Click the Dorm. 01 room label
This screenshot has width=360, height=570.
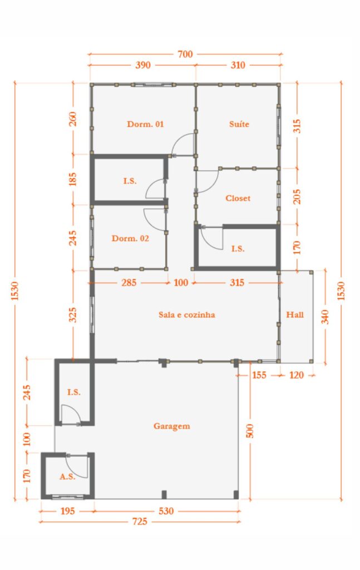(145, 124)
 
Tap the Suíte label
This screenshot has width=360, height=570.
(239, 124)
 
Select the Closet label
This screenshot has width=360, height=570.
(238, 198)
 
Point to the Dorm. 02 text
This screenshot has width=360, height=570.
(130, 238)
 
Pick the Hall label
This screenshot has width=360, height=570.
(295, 315)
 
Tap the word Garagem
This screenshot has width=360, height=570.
(171, 426)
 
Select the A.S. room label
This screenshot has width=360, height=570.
(67, 476)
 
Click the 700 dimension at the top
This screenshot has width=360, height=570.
(185, 54)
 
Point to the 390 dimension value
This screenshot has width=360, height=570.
(143, 65)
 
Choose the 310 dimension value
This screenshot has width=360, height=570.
(237, 65)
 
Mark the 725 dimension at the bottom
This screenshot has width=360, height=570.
(140, 522)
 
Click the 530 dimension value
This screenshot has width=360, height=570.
(166, 510)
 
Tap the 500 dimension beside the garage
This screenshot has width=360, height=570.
(249, 430)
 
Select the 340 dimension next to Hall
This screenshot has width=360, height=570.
(324, 316)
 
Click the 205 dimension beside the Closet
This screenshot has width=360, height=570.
(297, 195)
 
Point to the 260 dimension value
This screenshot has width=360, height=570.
(73, 119)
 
